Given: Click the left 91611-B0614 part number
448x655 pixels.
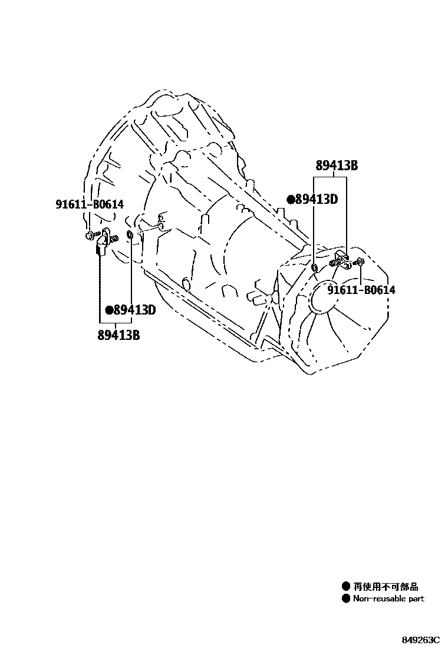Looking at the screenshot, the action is coord(90,204).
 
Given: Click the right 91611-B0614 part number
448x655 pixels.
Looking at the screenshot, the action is coord(361,290).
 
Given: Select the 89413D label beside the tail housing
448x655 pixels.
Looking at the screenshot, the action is coord(316,199).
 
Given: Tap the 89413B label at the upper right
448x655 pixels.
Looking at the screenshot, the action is coord(336,166).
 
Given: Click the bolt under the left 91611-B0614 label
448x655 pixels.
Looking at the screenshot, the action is coord(88,236).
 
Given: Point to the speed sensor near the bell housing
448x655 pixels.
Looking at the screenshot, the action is coord(104,240).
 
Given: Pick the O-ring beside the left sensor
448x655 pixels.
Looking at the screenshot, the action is coord(130,237).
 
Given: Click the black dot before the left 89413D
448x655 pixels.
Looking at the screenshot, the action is coord(108,310).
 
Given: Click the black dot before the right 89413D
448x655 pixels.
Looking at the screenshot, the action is coord(291,200).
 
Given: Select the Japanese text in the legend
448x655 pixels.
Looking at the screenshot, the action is coord(386,587).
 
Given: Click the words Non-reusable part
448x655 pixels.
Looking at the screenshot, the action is coord(388,598).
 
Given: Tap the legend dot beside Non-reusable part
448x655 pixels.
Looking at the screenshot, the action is coord(345,598).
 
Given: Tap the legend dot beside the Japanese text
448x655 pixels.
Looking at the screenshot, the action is coord(345,587).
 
